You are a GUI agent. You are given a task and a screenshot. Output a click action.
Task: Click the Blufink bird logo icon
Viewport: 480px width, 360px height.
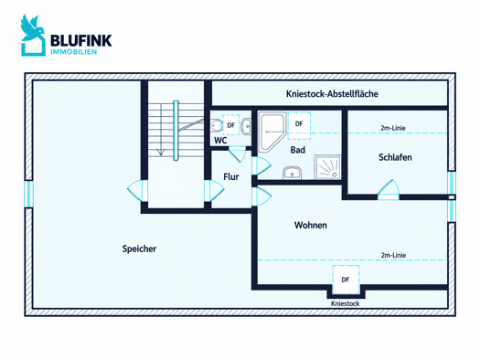[x=33, y=35]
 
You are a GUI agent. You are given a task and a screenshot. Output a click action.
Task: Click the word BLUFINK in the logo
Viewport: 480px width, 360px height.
[x=81, y=40]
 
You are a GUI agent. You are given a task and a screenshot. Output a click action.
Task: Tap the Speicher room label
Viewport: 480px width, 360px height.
[x=139, y=249]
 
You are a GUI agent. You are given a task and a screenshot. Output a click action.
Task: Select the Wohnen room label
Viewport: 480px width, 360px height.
[x=311, y=225]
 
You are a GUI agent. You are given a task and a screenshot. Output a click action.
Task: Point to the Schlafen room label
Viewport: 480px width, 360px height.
[x=395, y=157]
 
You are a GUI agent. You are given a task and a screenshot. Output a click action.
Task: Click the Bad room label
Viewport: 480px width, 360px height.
[x=298, y=150]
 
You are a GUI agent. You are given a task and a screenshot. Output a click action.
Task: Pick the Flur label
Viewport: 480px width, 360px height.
[x=231, y=176]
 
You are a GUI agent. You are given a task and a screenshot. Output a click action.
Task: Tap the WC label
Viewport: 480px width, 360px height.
[x=220, y=141]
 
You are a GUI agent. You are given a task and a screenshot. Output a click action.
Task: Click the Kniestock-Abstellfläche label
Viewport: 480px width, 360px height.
[x=332, y=93]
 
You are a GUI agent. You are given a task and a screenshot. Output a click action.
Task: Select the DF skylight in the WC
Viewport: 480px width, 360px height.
[x=230, y=125]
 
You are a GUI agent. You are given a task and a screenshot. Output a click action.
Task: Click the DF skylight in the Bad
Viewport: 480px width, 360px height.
[x=299, y=125]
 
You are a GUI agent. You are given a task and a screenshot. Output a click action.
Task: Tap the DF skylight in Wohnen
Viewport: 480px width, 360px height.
[x=346, y=280]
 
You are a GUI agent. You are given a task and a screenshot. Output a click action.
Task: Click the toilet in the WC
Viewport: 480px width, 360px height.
[x=217, y=125]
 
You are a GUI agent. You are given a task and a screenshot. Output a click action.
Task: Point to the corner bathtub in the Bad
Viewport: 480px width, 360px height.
[x=272, y=132]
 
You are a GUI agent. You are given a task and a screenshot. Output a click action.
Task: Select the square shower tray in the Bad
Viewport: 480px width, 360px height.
[x=327, y=167]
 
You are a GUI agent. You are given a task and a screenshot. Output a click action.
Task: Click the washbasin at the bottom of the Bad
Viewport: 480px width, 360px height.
[x=292, y=173]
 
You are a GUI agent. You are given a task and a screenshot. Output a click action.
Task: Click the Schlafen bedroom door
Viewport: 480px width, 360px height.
[x=389, y=189]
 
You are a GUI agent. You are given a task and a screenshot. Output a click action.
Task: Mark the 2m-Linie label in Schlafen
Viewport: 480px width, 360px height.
[x=393, y=128]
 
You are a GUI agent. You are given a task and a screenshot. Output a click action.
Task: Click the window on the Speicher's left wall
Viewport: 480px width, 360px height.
[x=28, y=194]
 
